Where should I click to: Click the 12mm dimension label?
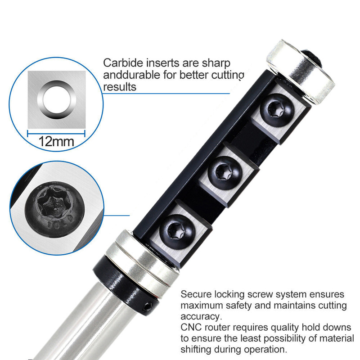click(x=56, y=141)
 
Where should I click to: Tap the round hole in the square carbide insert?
click(x=57, y=99)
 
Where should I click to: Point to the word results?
click(x=120, y=87)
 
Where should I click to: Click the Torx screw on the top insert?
click(x=277, y=110)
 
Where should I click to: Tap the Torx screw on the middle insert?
click(x=225, y=173)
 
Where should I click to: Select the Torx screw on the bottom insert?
click(x=177, y=232)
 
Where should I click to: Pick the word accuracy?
click(x=201, y=317)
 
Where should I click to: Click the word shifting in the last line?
click(x=196, y=350)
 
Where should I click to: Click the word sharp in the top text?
click(x=216, y=63)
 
